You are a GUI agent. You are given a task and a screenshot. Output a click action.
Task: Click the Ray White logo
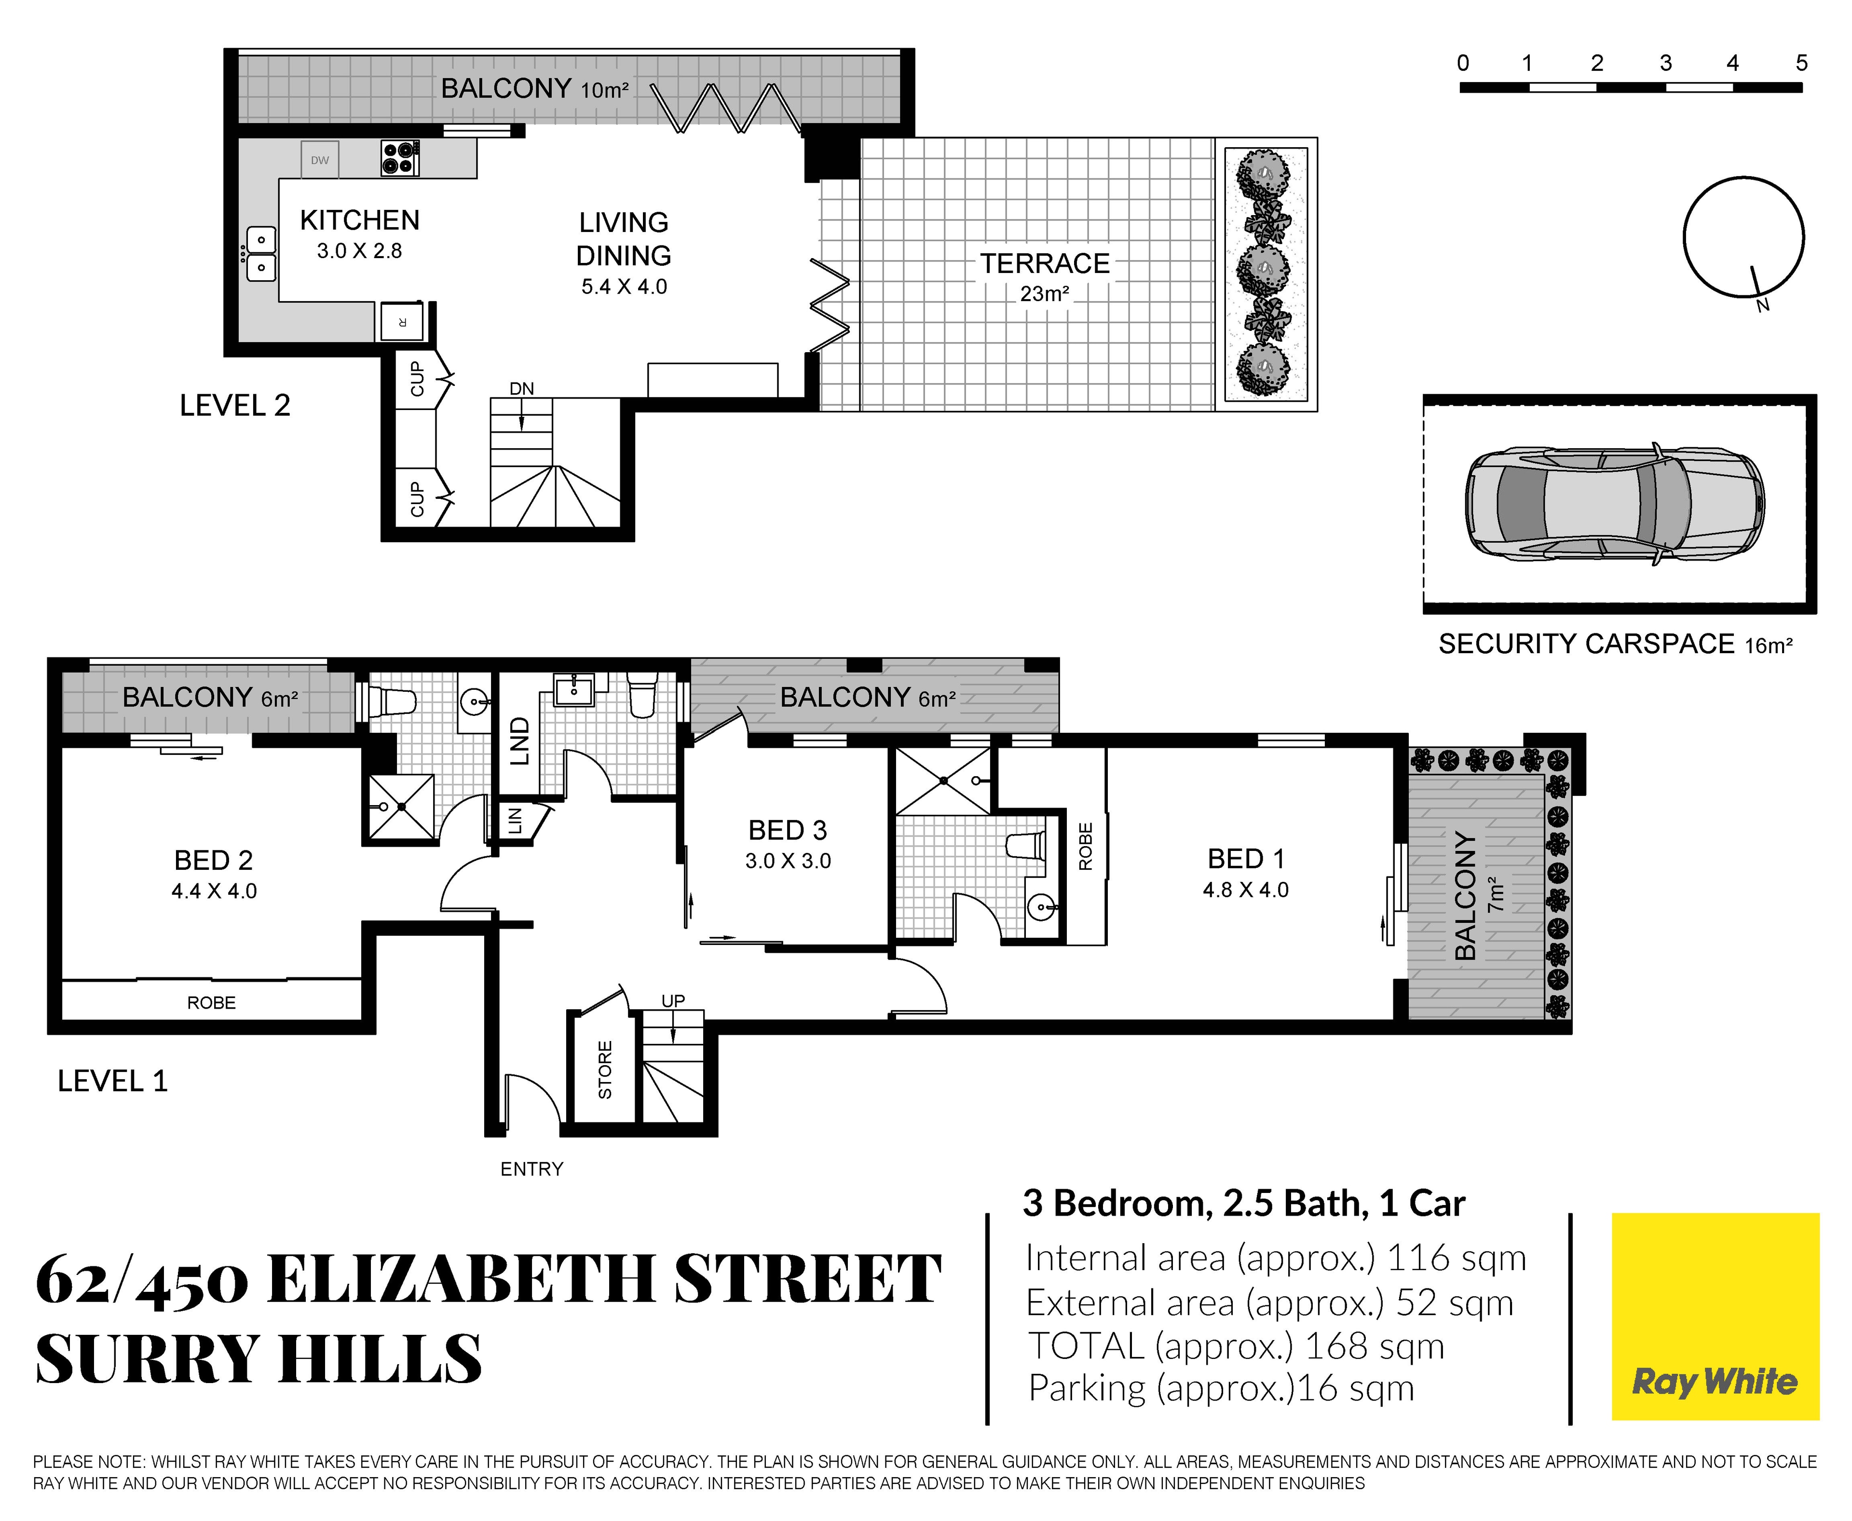point(1715,1316)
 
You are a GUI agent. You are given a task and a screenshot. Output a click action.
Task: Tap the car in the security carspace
point(1615,504)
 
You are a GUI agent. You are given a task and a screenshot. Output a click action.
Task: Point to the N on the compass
point(1763,305)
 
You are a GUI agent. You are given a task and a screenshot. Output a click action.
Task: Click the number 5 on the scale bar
point(1801,63)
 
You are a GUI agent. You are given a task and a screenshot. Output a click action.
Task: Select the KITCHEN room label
point(360,220)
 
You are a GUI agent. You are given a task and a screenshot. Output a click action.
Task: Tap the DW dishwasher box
point(320,160)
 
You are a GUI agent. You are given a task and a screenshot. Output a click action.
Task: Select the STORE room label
point(604,1070)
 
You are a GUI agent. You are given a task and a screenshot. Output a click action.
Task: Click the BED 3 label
point(788,830)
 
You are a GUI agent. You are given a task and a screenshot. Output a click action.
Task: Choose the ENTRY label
point(532,1168)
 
